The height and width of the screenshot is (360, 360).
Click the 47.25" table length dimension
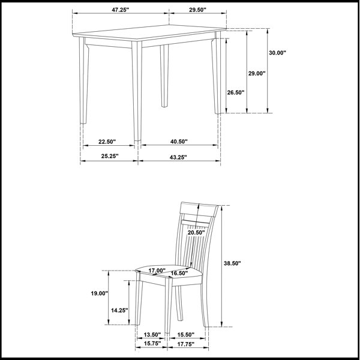(121, 10)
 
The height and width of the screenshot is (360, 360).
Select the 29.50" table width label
(197, 10)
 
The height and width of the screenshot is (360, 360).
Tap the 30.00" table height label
(278, 53)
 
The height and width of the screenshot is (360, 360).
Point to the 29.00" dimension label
(257, 73)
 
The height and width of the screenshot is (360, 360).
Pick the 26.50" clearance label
(236, 92)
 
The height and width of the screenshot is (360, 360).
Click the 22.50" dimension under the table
(107, 142)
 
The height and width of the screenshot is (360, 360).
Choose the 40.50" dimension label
(179, 142)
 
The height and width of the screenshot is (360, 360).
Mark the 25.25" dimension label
(110, 156)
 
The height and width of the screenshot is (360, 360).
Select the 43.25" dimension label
(178, 157)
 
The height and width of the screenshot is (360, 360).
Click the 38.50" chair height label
(232, 263)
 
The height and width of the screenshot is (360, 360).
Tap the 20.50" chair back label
(196, 233)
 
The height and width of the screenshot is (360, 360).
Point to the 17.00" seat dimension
(157, 271)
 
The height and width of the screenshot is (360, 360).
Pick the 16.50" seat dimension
(179, 273)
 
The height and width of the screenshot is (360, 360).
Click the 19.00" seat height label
(100, 293)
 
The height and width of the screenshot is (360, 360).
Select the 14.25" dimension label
(119, 310)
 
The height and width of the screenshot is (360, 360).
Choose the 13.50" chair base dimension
(152, 335)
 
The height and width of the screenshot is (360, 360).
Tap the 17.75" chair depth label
(186, 344)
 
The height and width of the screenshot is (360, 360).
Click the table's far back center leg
(164, 76)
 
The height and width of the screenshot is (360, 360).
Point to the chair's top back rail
(199, 209)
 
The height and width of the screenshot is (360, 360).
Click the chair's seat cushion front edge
(154, 279)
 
